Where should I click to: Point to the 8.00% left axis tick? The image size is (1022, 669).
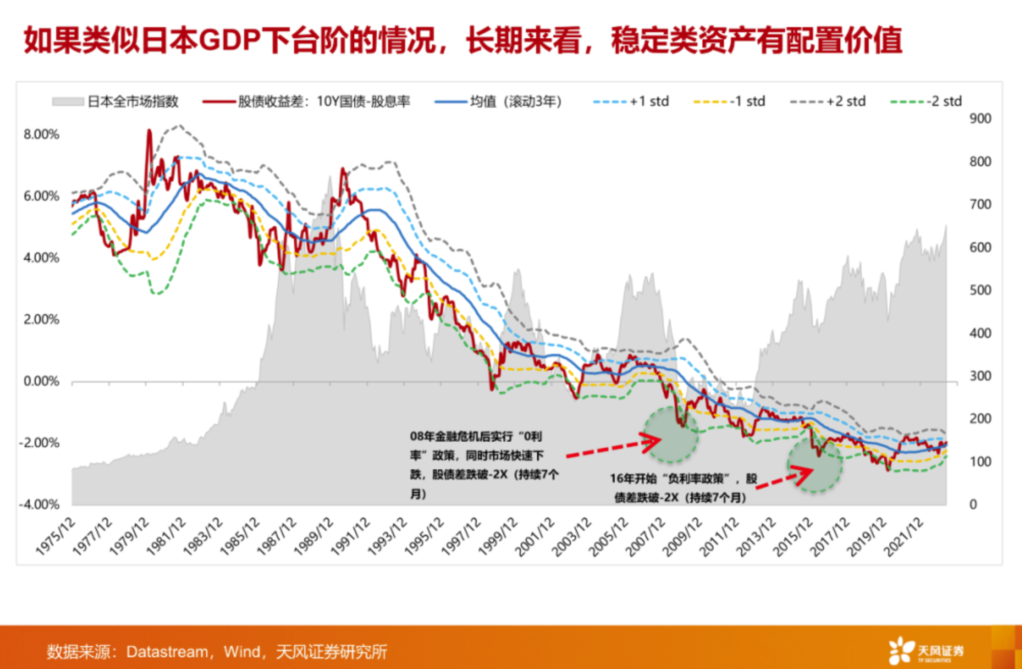click(41, 134)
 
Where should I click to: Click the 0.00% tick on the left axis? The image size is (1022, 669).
click(41, 381)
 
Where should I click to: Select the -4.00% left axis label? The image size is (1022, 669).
click(39, 505)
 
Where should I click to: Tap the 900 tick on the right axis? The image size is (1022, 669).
click(980, 118)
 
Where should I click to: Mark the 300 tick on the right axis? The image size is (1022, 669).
click(980, 376)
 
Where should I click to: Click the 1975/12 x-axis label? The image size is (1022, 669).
click(55, 536)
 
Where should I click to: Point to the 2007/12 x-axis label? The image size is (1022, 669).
click(645, 536)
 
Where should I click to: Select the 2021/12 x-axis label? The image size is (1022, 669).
click(904, 536)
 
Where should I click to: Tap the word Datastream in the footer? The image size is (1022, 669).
click(167, 652)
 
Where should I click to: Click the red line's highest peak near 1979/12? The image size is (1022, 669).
click(149, 131)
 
